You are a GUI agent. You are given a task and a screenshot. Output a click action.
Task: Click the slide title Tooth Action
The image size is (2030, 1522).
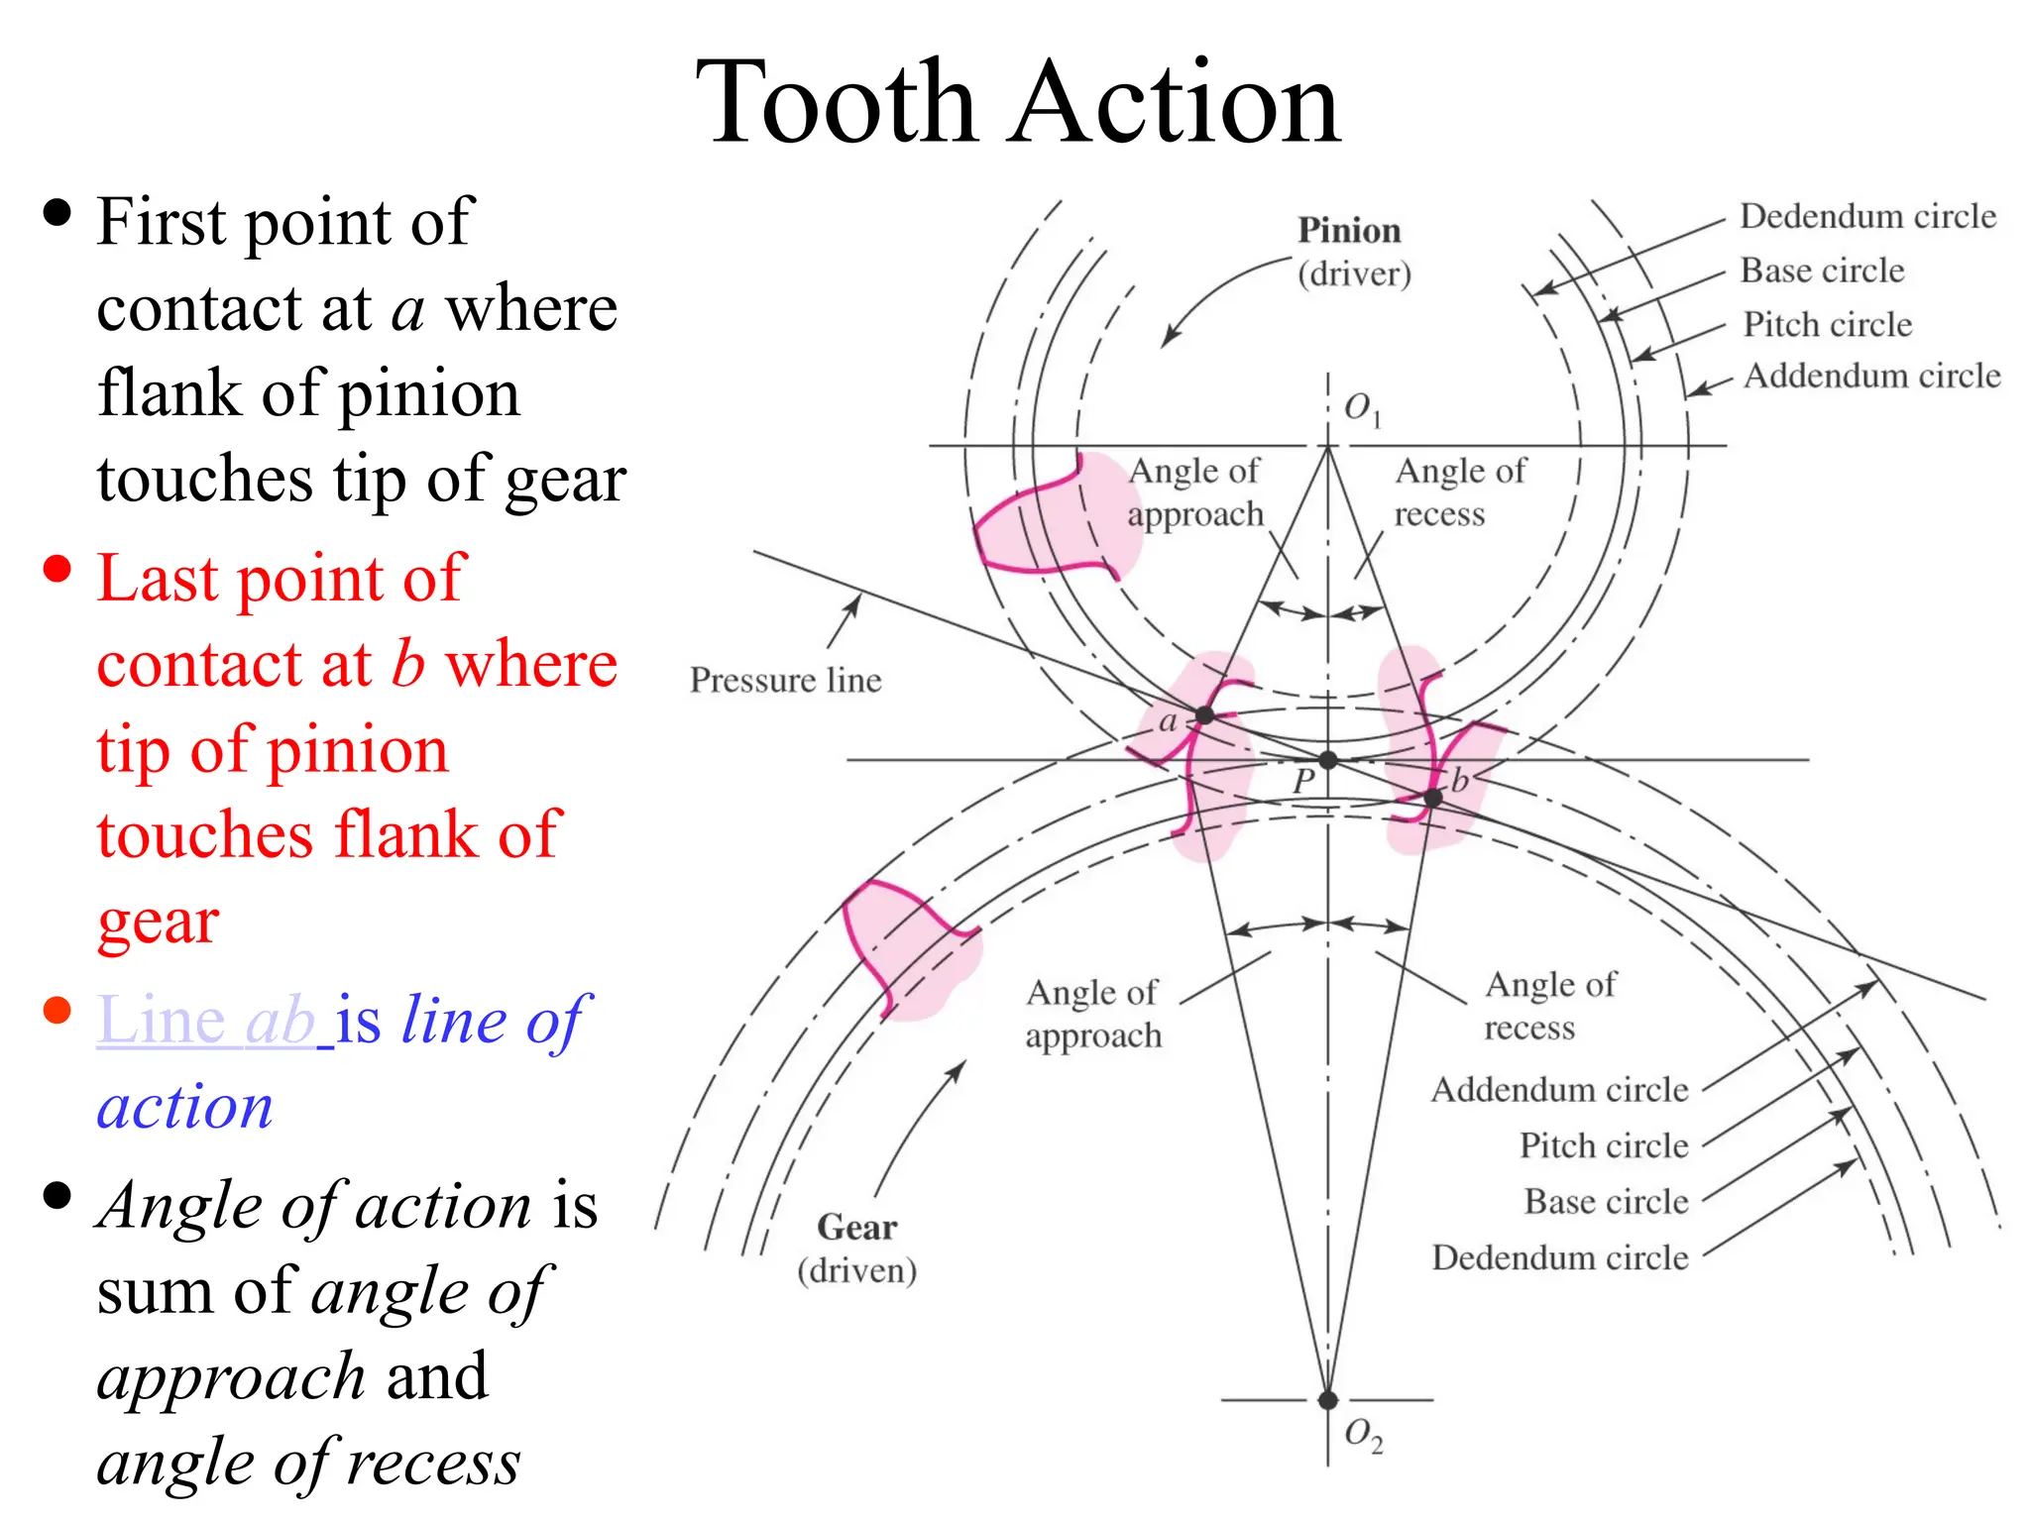pyautogui.click(x=1017, y=103)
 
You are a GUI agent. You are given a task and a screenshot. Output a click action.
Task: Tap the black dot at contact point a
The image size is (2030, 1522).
pyautogui.click(x=1204, y=714)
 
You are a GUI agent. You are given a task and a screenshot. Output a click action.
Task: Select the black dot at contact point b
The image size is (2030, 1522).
pyautogui.click(x=1432, y=798)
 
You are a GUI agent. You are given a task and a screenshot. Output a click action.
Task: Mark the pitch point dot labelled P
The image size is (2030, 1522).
pyautogui.click(x=1328, y=760)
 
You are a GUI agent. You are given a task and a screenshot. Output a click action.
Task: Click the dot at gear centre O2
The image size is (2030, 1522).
pyautogui.click(x=1328, y=1400)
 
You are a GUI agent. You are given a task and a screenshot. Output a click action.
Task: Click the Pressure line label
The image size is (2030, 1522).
pyautogui.click(x=785, y=680)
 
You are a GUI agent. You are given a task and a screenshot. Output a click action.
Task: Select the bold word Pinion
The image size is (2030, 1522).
pyautogui.click(x=1349, y=231)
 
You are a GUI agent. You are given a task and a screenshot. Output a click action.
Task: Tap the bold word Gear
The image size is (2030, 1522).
pyautogui.click(x=856, y=1228)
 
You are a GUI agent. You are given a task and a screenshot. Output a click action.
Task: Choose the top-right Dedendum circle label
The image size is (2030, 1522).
pyautogui.click(x=1867, y=216)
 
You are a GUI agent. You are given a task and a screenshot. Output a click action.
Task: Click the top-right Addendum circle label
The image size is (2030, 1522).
pyautogui.click(x=1871, y=377)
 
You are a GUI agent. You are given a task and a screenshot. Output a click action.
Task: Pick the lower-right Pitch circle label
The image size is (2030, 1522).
pyautogui.click(x=1603, y=1146)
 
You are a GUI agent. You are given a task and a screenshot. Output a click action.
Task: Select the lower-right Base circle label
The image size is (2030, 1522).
pyautogui.click(x=1606, y=1202)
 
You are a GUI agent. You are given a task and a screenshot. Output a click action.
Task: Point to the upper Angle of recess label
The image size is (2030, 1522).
pyautogui.click(x=1459, y=492)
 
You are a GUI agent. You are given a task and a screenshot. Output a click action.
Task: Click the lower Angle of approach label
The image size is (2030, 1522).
pyautogui.click(x=1092, y=1014)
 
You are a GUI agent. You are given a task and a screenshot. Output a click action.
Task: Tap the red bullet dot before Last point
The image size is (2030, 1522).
pyautogui.click(x=57, y=569)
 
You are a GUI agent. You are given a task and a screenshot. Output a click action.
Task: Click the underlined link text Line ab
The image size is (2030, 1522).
pyautogui.click(x=208, y=1020)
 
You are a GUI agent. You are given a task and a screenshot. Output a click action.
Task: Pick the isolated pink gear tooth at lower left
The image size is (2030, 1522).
pyautogui.click(x=907, y=946)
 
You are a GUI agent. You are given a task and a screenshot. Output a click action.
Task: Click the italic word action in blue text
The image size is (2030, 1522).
pyautogui.click(x=184, y=1106)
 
